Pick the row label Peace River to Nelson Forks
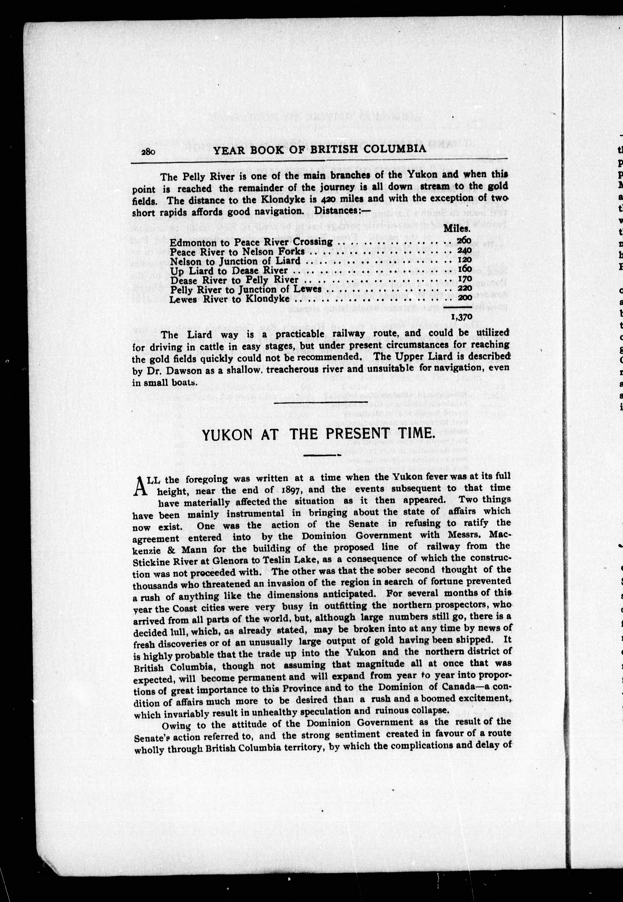[237, 252]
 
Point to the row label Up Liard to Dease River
[229, 271]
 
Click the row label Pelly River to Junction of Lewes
[246, 289]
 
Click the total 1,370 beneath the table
[461, 317]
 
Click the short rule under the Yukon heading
[322, 455]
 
